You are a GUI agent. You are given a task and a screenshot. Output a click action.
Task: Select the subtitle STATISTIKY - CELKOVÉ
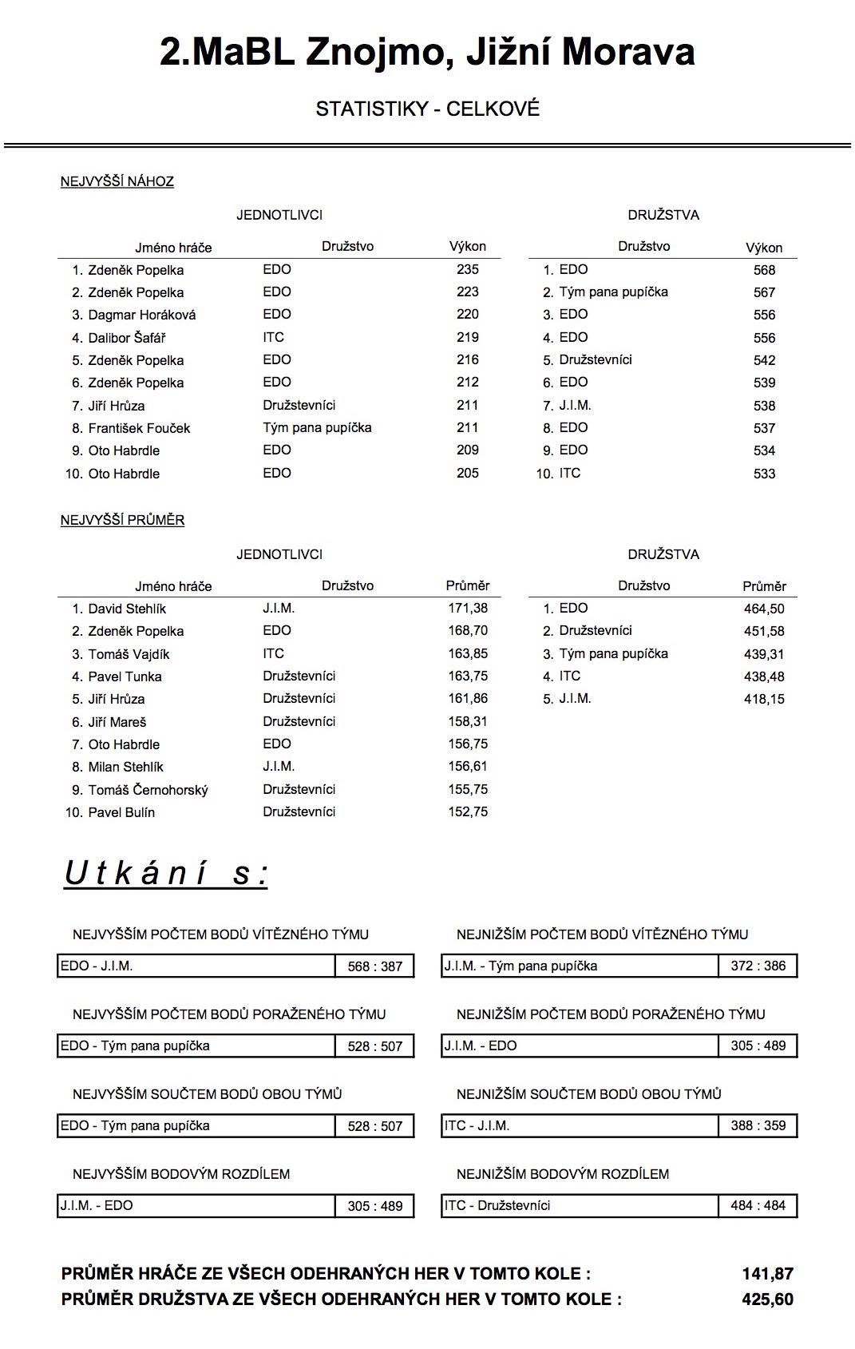(427, 109)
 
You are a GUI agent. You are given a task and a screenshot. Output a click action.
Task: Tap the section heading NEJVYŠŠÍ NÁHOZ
(117, 181)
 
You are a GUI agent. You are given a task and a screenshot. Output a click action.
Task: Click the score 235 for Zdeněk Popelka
(467, 270)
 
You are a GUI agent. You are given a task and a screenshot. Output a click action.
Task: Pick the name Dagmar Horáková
(141, 315)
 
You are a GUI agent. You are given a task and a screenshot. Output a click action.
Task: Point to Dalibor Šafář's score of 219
(467, 337)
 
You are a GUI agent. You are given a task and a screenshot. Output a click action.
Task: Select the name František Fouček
(139, 428)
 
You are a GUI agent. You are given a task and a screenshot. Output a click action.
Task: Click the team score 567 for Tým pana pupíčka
(764, 292)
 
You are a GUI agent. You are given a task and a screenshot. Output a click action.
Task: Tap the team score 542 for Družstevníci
(764, 360)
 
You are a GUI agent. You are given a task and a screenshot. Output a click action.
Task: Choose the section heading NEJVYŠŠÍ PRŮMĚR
(122, 520)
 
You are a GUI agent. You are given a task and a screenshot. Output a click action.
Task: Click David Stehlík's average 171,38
(468, 609)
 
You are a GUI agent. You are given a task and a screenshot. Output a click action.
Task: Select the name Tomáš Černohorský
(148, 790)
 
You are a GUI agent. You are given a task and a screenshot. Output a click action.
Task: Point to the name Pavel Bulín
(121, 812)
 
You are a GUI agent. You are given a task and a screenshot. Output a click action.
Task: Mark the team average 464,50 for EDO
(764, 609)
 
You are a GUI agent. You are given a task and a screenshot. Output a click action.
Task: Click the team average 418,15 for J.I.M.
(764, 699)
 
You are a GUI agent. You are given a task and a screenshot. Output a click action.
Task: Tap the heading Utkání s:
(166, 873)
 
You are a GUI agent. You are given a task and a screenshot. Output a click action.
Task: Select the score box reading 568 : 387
(374, 966)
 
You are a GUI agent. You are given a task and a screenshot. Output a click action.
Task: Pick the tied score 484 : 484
(758, 1205)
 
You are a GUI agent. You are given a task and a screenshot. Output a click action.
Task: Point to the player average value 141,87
(767, 1274)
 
